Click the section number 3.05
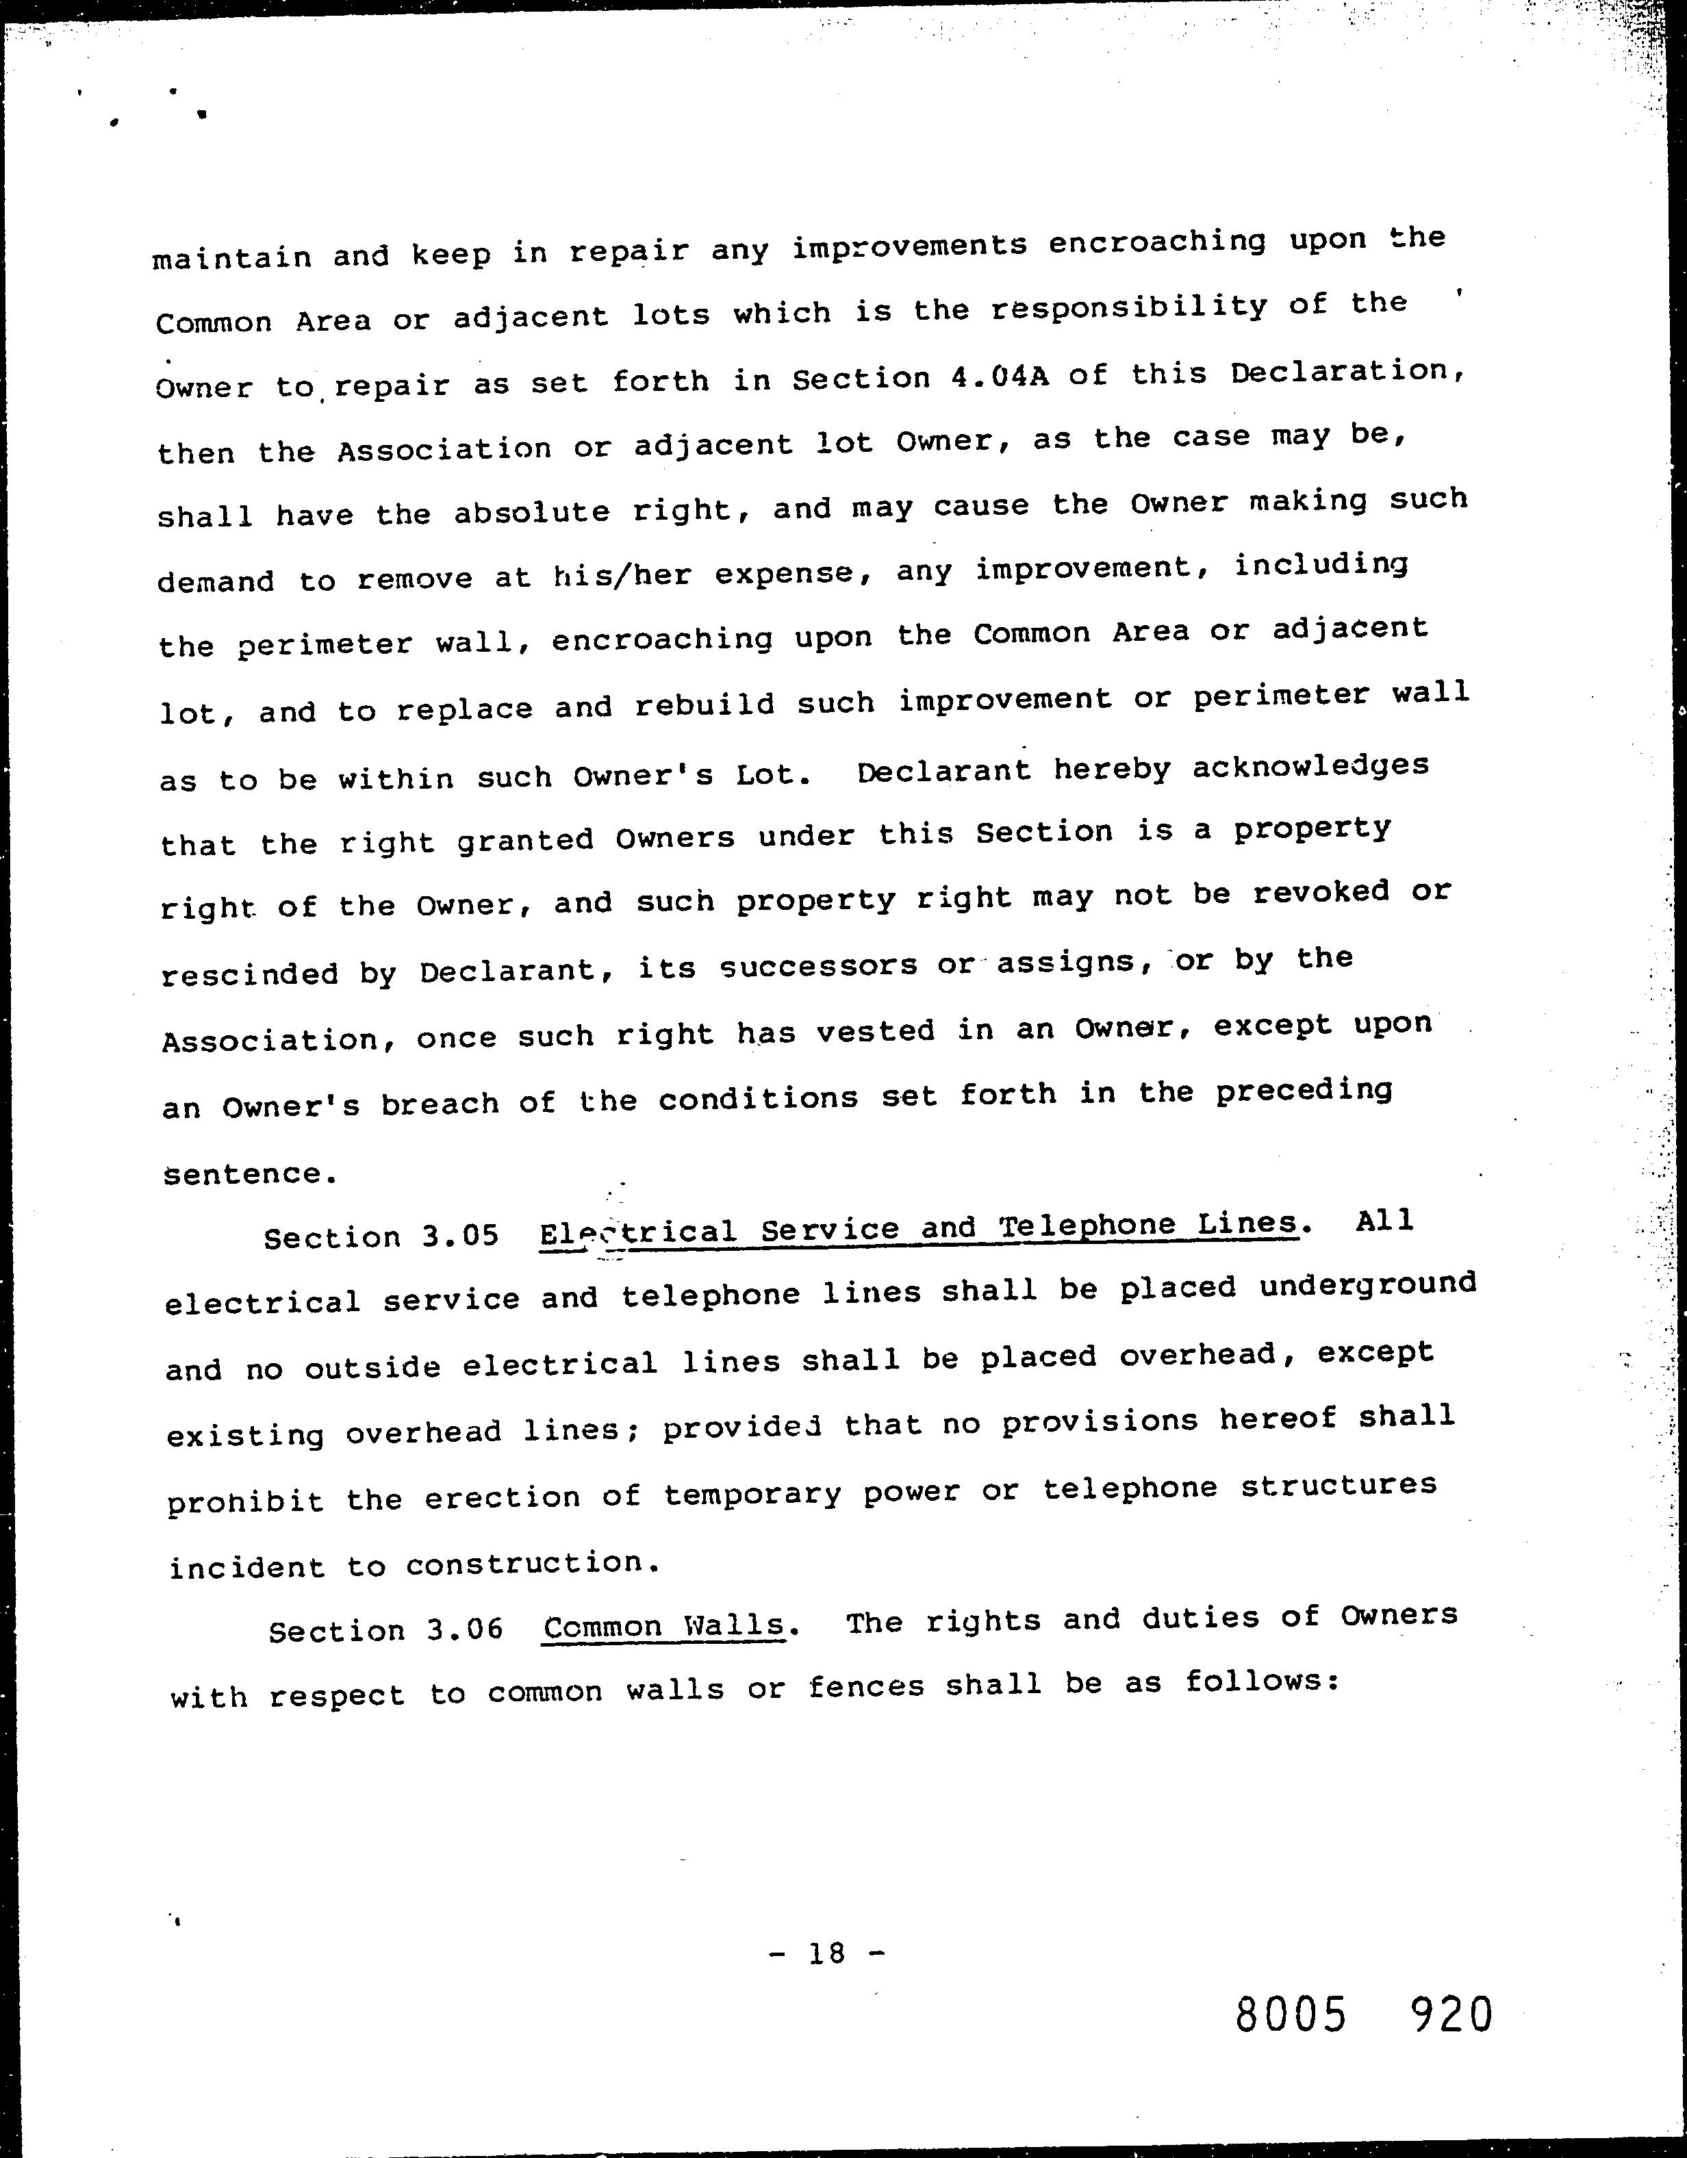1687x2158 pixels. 461,1235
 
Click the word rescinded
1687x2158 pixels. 250,974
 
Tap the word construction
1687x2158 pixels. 531,1563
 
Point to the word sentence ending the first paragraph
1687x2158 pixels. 242,1174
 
